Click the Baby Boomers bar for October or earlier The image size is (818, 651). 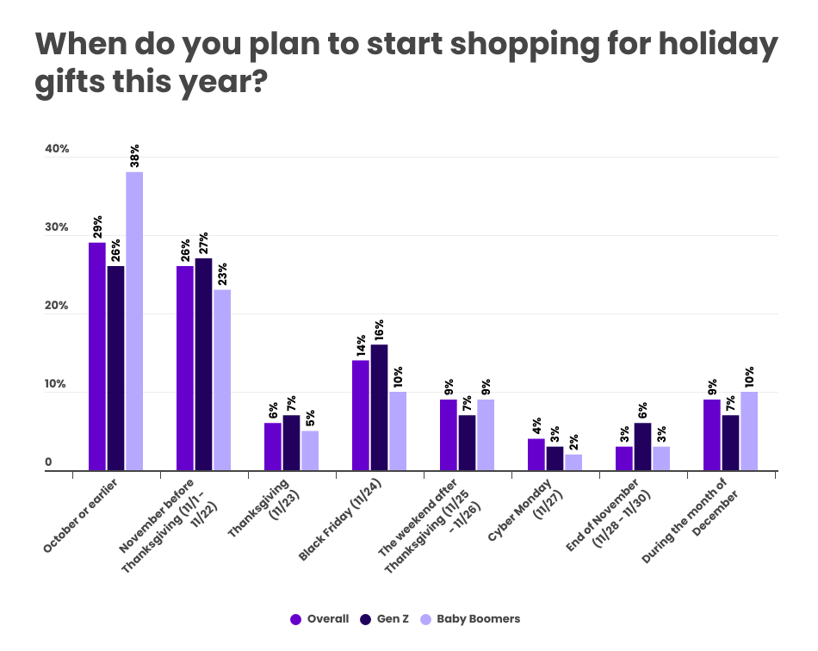(134, 321)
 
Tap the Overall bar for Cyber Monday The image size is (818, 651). (536, 455)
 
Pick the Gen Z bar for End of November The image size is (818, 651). (642, 447)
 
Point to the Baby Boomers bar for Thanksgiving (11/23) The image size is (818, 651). (310, 450)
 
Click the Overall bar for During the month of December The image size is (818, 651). (712, 435)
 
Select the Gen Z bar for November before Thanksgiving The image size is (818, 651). (203, 364)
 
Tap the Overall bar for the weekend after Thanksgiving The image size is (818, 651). (449, 435)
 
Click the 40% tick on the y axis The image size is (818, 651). (57, 149)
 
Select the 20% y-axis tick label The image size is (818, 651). (57, 307)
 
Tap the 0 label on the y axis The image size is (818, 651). (49, 462)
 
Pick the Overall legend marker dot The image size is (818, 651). (295, 618)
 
